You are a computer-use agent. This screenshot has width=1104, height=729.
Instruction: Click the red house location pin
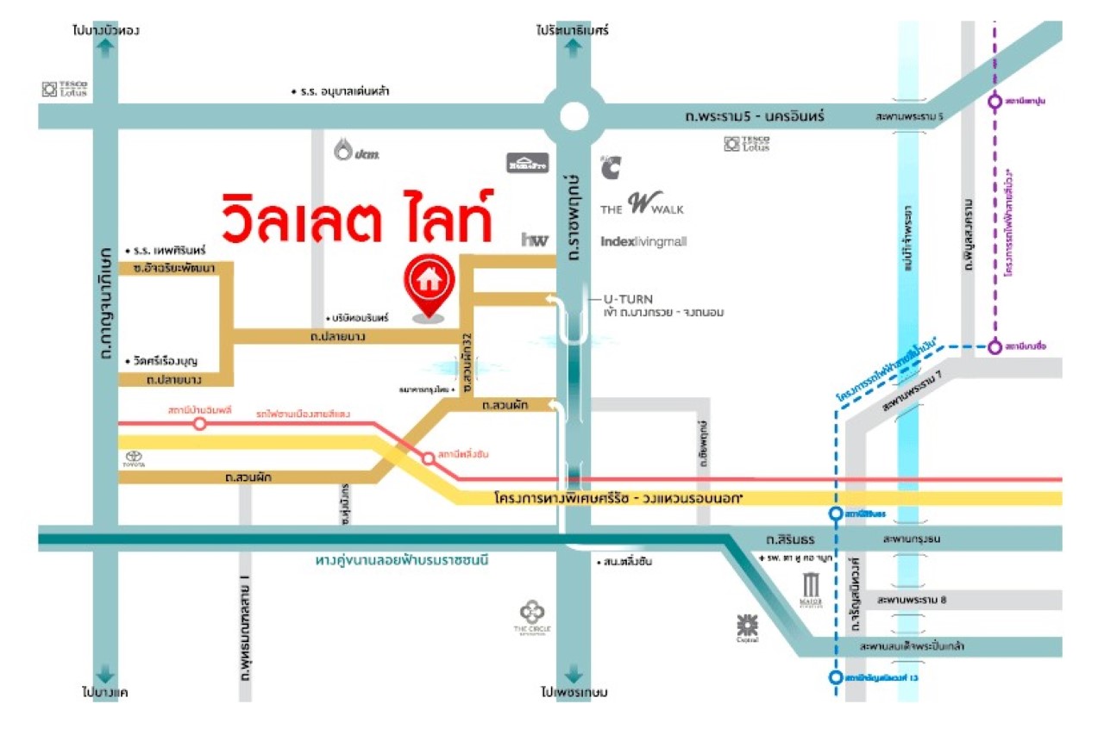pyautogui.click(x=429, y=286)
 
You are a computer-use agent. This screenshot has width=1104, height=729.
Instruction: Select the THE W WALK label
pyautogui.click(x=643, y=206)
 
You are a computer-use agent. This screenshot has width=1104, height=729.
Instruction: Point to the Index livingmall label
pyautogui.click(x=643, y=241)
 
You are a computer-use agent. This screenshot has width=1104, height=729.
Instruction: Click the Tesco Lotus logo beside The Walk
pyautogui.click(x=746, y=143)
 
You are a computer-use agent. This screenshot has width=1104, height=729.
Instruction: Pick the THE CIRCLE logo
pyautogui.click(x=532, y=618)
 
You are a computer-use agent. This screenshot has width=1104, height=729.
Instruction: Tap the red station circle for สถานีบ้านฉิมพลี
pyautogui.click(x=200, y=423)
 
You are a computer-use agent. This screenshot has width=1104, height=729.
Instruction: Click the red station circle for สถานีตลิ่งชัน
pyautogui.click(x=429, y=458)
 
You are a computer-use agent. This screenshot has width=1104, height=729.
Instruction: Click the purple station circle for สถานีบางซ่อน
pyautogui.click(x=994, y=347)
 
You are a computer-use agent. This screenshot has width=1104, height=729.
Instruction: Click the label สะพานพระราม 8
pyautogui.click(x=912, y=600)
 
